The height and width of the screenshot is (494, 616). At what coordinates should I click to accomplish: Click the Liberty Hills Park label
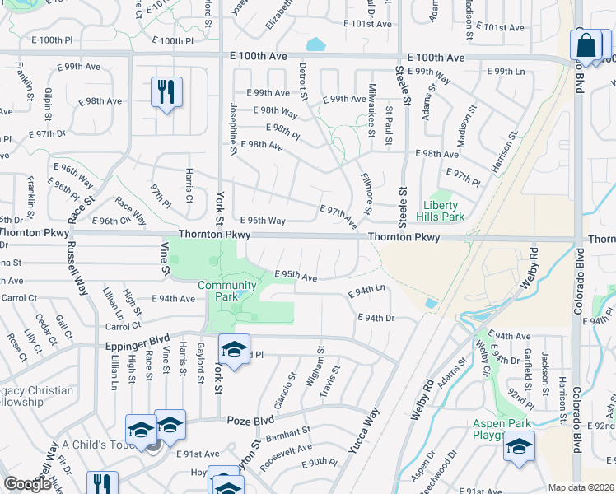445,211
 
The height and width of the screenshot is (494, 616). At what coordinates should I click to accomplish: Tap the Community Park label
226,291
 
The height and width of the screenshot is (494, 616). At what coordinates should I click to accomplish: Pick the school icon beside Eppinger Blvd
234,350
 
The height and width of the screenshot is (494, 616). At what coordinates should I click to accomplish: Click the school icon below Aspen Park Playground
519,446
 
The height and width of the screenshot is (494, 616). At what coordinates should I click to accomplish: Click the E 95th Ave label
296,277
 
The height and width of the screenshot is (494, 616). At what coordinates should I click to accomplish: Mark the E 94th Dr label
377,317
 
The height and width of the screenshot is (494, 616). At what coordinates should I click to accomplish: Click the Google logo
27,484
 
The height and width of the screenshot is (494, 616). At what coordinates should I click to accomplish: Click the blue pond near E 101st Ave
315,44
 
